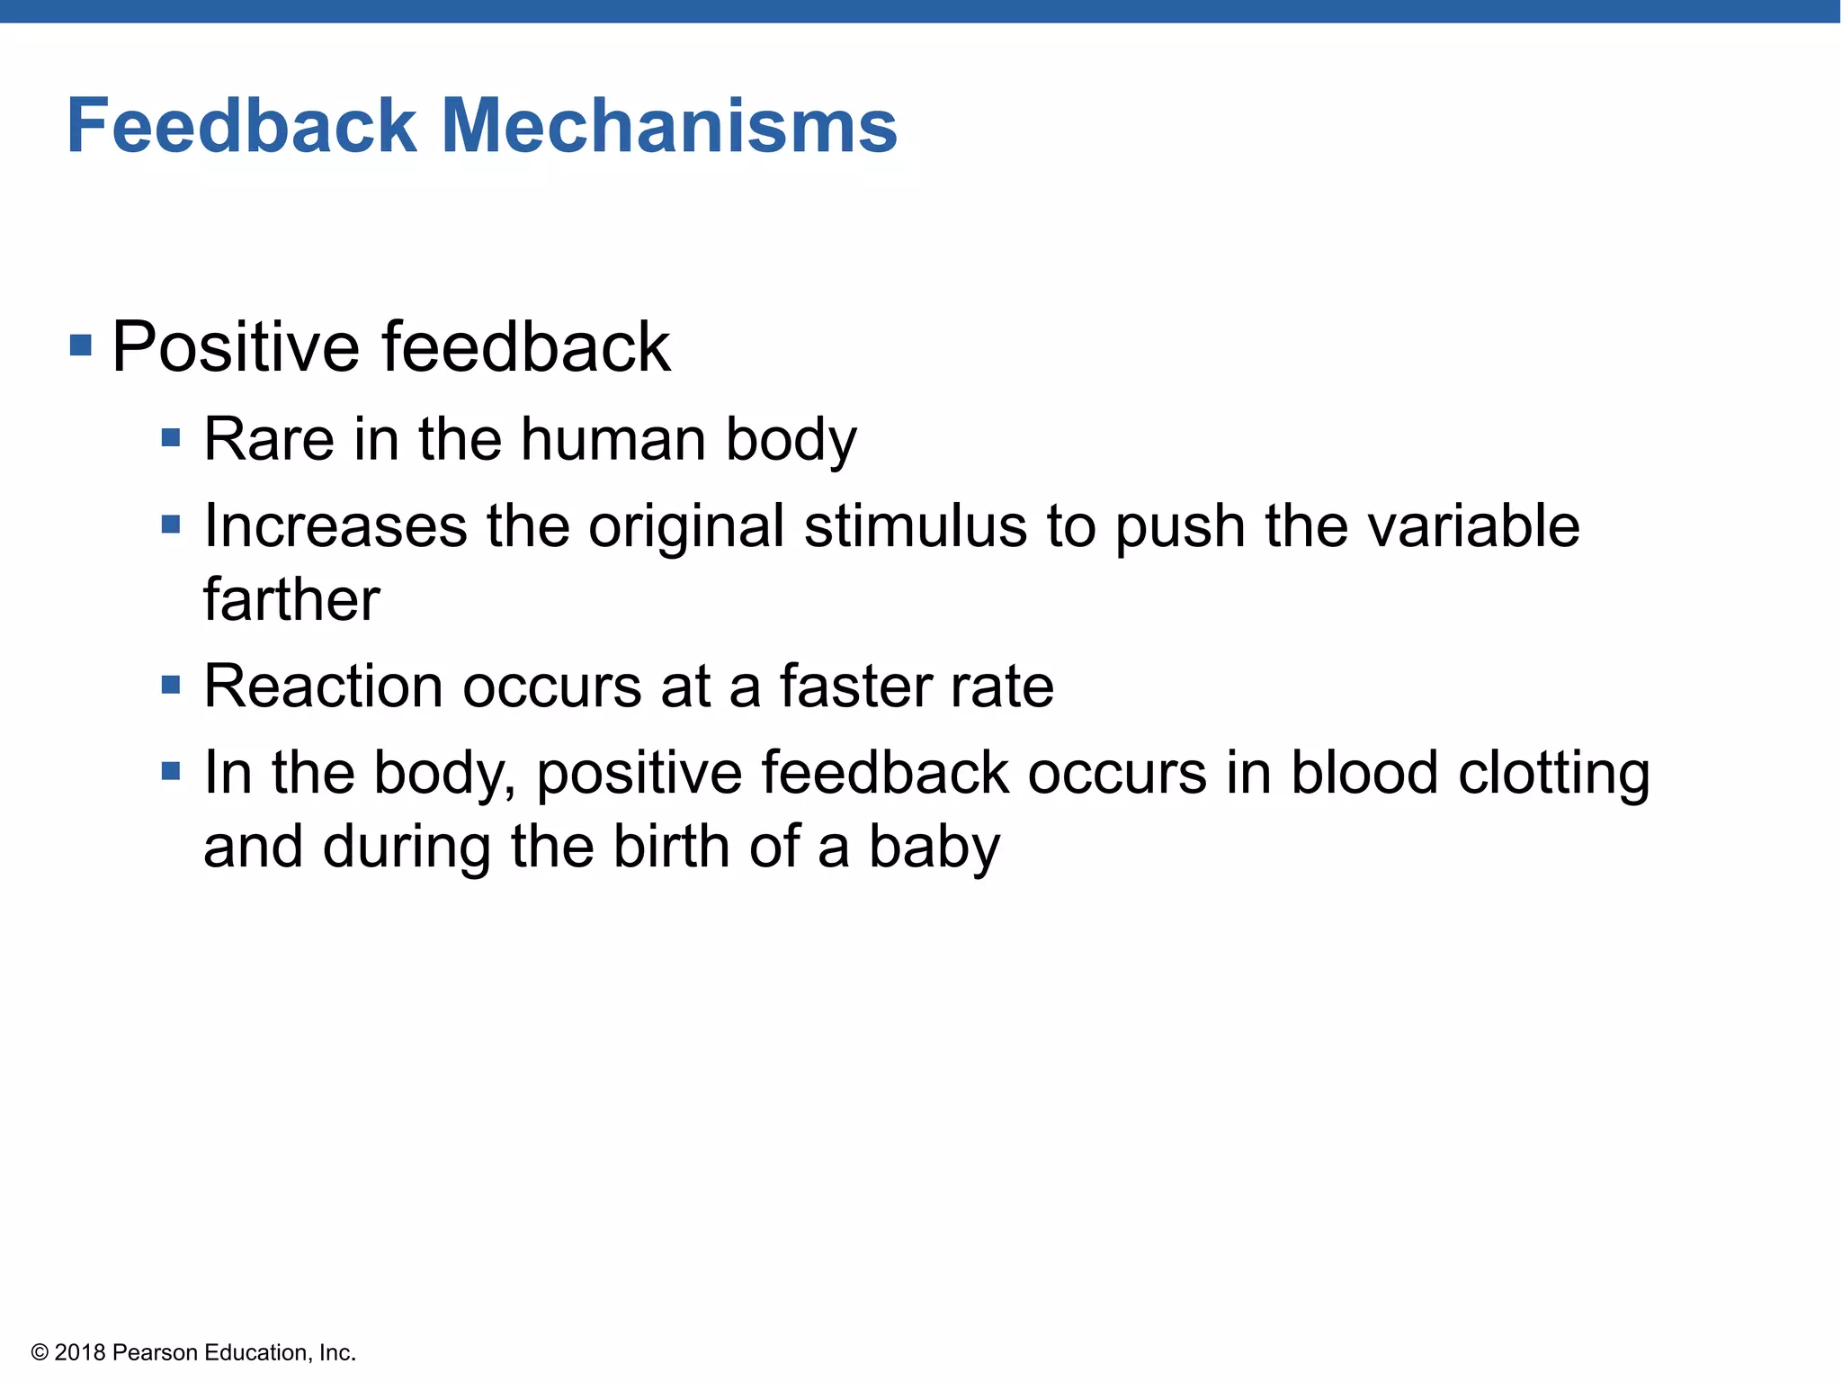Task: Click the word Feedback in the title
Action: [241, 126]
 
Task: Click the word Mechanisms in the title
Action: [669, 126]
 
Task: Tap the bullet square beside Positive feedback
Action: [81, 345]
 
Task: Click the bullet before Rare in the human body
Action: [171, 438]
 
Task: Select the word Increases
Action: [335, 526]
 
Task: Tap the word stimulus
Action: [915, 526]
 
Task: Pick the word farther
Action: [291, 600]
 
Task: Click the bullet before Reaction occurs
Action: [171, 686]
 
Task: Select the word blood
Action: [1364, 774]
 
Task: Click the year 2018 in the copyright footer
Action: [80, 1352]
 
